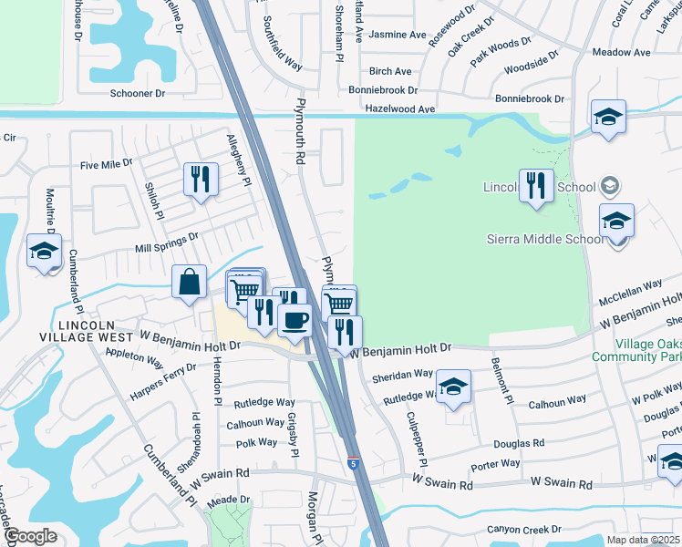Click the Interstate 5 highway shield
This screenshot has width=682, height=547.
(x=352, y=463)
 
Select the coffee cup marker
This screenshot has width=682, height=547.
(x=294, y=321)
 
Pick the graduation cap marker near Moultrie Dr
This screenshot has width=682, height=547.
(x=43, y=253)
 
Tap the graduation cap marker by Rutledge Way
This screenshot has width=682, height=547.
(x=453, y=387)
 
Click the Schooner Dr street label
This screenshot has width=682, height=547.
(x=137, y=93)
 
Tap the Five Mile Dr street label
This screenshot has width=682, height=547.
(x=106, y=165)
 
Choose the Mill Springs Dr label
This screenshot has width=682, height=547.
(x=166, y=242)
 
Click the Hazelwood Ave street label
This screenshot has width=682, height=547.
(x=400, y=108)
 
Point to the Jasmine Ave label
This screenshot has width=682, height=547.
(x=398, y=36)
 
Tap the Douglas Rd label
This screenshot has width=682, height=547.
(x=519, y=443)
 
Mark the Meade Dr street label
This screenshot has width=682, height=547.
(x=228, y=500)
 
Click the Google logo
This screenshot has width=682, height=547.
(x=31, y=536)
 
